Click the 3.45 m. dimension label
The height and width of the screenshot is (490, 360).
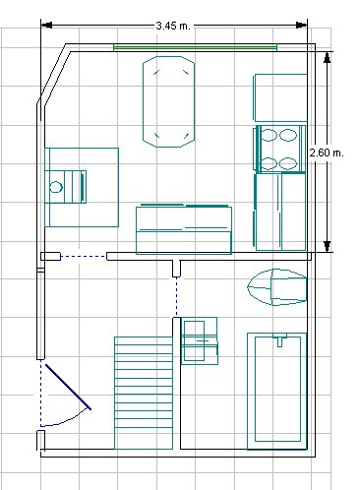pyautogui.click(x=173, y=26)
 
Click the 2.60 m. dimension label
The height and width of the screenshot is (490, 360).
pyautogui.click(x=327, y=153)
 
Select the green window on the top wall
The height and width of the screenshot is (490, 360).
pyautogui.click(x=196, y=48)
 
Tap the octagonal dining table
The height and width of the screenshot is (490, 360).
pyautogui.click(x=168, y=101)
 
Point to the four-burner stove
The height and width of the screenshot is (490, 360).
pyautogui.click(x=279, y=149)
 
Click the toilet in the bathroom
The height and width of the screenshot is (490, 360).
pyautogui.click(x=277, y=287)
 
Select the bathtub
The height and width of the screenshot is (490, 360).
pyautogui.click(x=277, y=391)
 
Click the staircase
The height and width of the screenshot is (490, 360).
pyautogui.click(x=144, y=393)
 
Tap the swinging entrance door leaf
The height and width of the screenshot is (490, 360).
pyautogui.click(x=68, y=387)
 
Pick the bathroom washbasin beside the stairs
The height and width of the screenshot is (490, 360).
pyautogui.click(x=200, y=340)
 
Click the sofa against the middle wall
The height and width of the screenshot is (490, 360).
pyautogui.click(x=184, y=229)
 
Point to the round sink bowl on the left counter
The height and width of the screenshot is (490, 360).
pyautogui.click(x=56, y=187)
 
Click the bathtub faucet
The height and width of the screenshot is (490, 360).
pyautogui.click(x=279, y=340)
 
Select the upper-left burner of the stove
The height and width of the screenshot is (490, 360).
pyautogui.click(x=269, y=135)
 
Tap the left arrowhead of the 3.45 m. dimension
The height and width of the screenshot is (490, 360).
pyautogui.click(x=46, y=26)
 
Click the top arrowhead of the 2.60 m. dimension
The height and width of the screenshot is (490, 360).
pyautogui.click(x=327, y=57)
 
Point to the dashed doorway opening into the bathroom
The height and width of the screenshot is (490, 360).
pyautogui.click(x=176, y=297)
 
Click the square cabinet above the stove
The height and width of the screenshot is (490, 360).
pyautogui.click(x=280, y=97)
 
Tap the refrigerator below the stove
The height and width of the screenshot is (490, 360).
pyautogui.click(x=279, y=212)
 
